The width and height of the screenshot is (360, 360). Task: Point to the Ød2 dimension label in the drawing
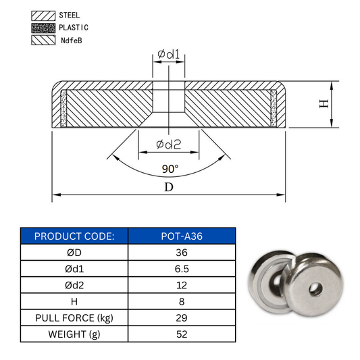click(x=169, y=144)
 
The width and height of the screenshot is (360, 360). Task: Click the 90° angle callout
click(x=169, y=168)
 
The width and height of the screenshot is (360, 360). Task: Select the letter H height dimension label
click(x=324, y=103)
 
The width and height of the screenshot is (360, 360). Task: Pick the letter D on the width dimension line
click(x=168, y=187)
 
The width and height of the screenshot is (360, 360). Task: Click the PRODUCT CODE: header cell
click(x=74, y=236)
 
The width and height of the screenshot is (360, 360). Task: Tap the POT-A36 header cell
click(x=182, y=236)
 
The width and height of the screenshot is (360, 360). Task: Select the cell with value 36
click(x=182, y=252)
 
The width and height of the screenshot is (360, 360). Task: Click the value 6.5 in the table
click(x=182, y=268)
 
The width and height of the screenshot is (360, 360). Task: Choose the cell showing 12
click(x=182, y=284)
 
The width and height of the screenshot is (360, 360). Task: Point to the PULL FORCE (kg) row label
click(x=74, y=317)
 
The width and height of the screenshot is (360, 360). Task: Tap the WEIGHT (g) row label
click(x=74, y=333)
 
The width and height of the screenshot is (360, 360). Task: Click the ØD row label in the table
click(x=74, y=252)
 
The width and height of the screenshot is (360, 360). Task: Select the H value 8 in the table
click(x=182, y=301)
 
